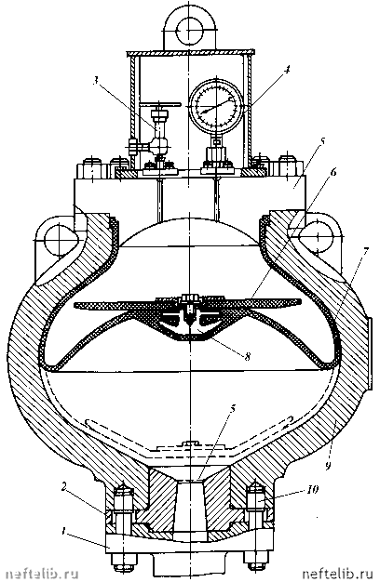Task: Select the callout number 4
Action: coord(287,71)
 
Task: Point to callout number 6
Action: coord(332,172)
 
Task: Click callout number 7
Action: coord(365,252)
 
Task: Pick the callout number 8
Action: coord(246,356)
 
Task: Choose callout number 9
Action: coord(328,464)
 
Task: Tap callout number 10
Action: coord(313,489)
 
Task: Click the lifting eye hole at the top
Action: coord(190,30)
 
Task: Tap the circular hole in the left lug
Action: coord(59,239)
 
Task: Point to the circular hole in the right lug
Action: coord(316,237)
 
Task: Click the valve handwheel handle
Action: coord(159,105)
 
